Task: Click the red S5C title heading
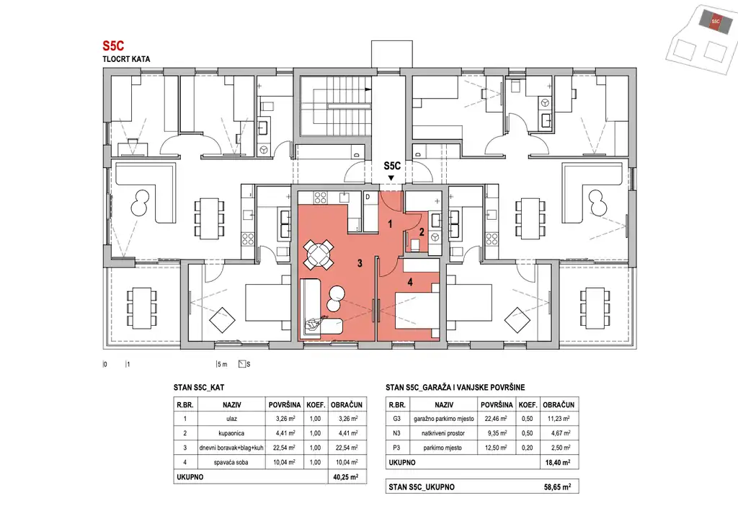tap(113, 45)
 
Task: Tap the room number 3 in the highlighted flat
tap(360, 263)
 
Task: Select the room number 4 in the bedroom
tap(410, 282)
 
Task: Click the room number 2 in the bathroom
tap(422, 231)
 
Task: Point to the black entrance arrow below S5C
tap(391, 177)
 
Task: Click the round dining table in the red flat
tap(318, 254)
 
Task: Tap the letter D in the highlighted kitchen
tap(368, 197)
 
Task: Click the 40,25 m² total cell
tap(346, 477)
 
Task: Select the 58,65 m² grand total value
tap(557, 487)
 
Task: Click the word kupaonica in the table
tap(231, 433)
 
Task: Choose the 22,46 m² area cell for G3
tap(496, 419)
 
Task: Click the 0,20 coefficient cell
tap(528, 448)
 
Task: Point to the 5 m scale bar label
tap(222, 364)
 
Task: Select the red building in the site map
tap(715, 21)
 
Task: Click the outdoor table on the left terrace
tap(141, 309)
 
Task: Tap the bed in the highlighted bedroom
tap(417, 311)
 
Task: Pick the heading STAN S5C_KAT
tap(199, 388)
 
